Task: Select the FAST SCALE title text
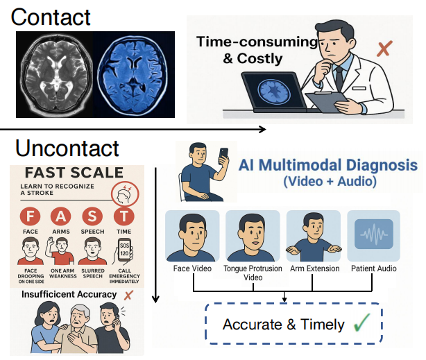click(74, 172)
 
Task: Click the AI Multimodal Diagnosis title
click(328, 166)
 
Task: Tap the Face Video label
click(191, 268)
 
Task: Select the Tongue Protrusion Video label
click(252, 273)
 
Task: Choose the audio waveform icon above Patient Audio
click(373, 234)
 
